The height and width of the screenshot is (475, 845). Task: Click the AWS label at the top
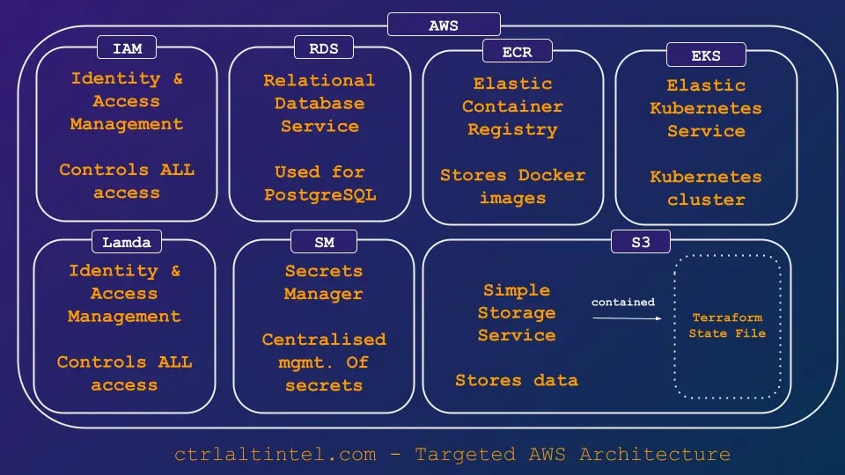coord(444,25)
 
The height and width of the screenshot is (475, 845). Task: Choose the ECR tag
coord(517,52)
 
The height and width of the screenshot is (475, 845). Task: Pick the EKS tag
coord(706,55)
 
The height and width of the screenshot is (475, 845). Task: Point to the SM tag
coord(323,241)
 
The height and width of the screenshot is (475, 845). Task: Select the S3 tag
coord(640,241)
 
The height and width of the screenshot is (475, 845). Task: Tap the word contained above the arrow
coord(623,302)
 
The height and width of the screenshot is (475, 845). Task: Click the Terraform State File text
coord(727,325)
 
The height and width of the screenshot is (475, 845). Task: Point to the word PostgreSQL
coord(320,195)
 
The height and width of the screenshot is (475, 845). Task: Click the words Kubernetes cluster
coord(706,188)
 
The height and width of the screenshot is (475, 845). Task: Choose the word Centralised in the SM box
coord(324,340)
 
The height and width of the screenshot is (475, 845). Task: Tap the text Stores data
coord(517,381)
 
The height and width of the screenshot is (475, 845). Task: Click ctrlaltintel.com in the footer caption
coord(275,455)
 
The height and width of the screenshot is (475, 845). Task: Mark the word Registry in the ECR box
coord(512,129)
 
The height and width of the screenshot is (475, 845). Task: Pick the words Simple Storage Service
coord(517,312)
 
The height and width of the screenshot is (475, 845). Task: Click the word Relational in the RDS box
coord(319,80)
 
